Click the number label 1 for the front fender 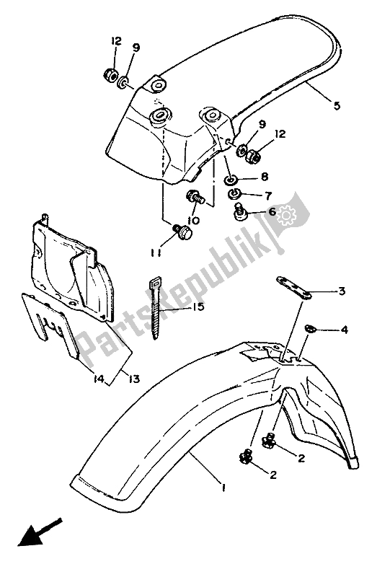224,488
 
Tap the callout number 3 342,291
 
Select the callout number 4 345,330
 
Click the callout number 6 272,211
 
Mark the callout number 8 266,176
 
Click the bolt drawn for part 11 182,232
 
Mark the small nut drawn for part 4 309,329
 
